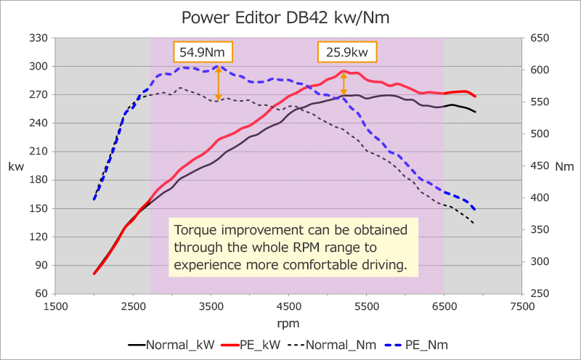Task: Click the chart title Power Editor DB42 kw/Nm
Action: point(290,15)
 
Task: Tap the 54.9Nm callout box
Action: point(203,52)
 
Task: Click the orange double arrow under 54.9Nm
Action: point(217,82)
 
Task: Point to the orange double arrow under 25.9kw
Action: point(344,84)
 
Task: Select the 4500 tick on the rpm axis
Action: point(289,306)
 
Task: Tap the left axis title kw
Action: point(15,166)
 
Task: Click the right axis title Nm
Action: point(564,166)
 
